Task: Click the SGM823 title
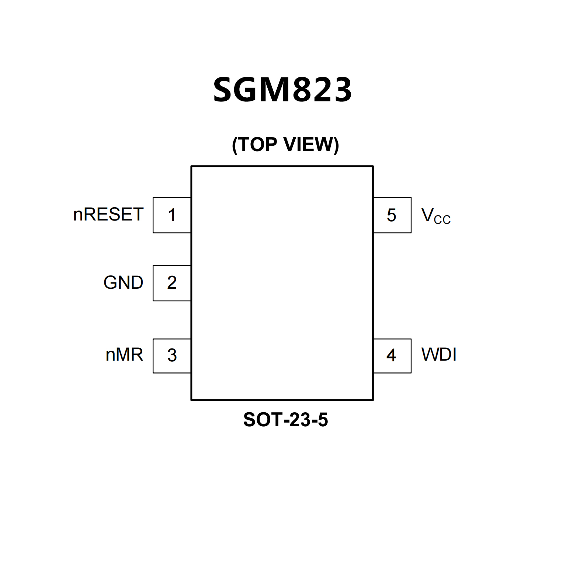point(282,90)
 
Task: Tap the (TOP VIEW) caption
point(285,145)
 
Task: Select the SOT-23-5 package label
point(285,420)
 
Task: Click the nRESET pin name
point(108,215)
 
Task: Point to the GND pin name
point(123,283)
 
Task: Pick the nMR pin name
point(124,355)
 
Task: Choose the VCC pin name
point(435,216)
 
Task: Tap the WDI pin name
point(439,355)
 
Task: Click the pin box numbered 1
point(172,215)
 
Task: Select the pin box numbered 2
point(172,283)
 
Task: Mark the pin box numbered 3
point(172,356)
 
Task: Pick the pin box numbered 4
point(392,356)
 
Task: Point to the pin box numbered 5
point(392,215)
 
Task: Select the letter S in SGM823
point(226,90)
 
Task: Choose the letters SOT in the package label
point(258,420)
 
